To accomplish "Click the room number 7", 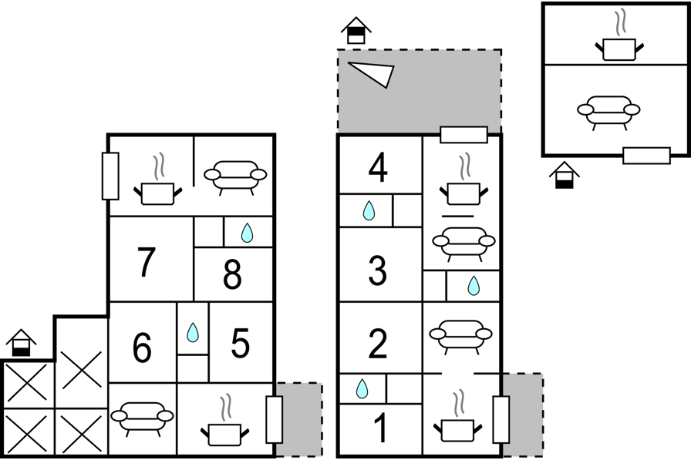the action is click(x=147, y=262).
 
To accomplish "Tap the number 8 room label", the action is click(x=232, y=274).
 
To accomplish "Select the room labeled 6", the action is click(x=142, y=348).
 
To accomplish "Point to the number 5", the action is click(x=240, y=344).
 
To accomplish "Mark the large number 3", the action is click(x=378, y=270).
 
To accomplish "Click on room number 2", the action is click(x=378, y=344).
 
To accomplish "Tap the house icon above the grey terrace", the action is click(x=356, y=31).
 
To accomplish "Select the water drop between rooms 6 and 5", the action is click(x=193, y=332).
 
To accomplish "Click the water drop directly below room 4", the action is click(x=369, y=211).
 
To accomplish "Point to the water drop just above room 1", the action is click(x=362, y=388).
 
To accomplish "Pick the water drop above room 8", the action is click(x=248, y=233).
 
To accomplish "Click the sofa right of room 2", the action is click(x=460, y=337).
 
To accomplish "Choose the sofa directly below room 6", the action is click(x=143, y=419).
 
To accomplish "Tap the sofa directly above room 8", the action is click(x=235, y=178).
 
